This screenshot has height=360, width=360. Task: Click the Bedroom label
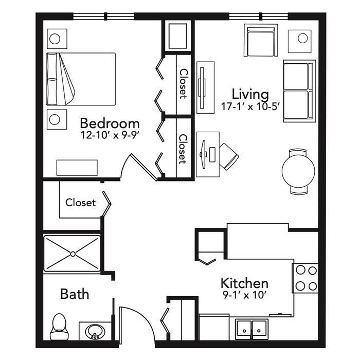click(x=110, y=123)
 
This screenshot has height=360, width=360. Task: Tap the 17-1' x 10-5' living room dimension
click(x=250, y=106)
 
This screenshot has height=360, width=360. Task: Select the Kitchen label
click(x=244, y=283)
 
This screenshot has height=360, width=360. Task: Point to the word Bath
click(x=75, y=294)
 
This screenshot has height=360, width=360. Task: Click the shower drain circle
click(x=73, y=254)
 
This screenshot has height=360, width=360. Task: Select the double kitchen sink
click(x=252, y=329)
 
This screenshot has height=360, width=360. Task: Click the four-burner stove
click(x=305, y=278)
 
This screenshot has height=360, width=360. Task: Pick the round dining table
click(x=298, y=171)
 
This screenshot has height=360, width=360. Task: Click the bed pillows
click(x=51, y=79)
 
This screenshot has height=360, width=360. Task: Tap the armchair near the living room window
click(x=261, y=41)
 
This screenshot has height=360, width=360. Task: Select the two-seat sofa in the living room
click(x=299, y=91)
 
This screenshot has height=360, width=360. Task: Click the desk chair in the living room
click(x=229, y=156)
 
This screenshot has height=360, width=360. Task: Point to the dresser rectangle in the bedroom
click(x=77, y=168)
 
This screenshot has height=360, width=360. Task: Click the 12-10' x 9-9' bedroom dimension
click(x=110, y=135)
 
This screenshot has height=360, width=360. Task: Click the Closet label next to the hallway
click(x=80, y=203)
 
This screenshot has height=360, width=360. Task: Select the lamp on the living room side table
click(x=302, y=38)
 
